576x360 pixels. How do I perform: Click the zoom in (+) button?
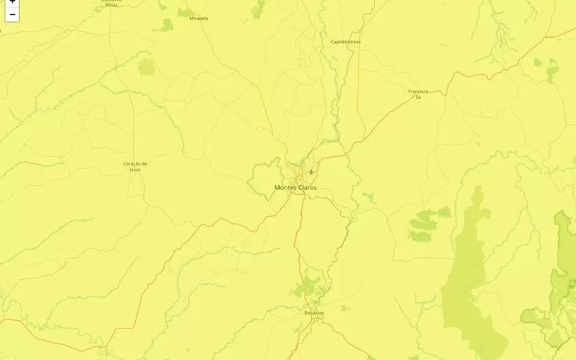[x=12, y=3]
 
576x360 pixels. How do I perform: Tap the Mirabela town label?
[x=199, y=19]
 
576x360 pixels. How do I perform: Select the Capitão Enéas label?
[x=346, y=42]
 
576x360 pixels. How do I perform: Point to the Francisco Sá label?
[x=418, y=94]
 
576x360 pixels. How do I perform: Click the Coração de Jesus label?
[x=135, y=166]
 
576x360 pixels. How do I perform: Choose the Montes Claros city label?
[x=296, y=187]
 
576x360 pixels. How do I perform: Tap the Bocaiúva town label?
[x=313, y=313]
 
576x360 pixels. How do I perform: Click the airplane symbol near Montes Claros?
[x=311, y=171]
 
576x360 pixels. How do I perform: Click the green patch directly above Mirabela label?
[x=186, y=12]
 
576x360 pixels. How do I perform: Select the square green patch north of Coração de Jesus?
[x=147, y=67]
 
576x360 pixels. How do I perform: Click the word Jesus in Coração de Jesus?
[x=135, y=169]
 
